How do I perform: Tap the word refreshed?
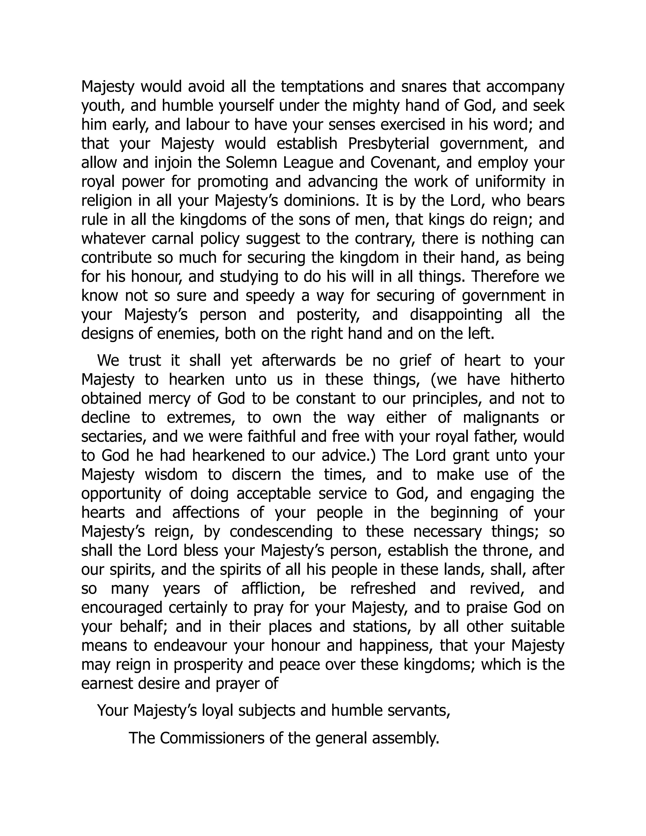(383, 589)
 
